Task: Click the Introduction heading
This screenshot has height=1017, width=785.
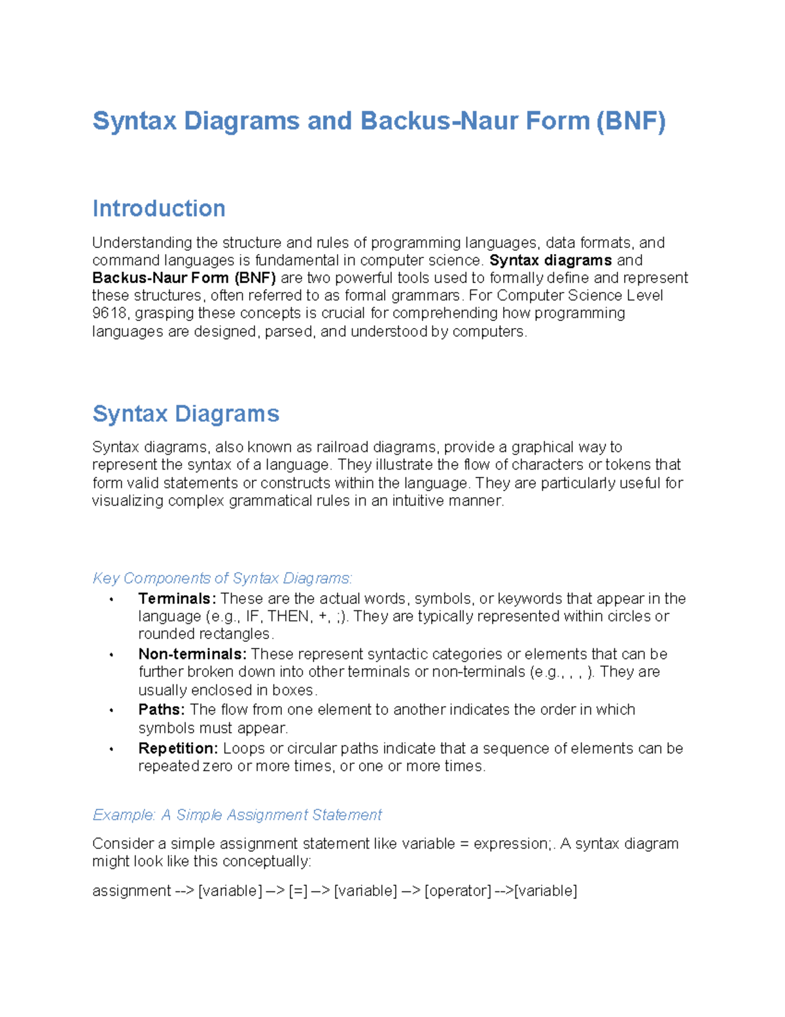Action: click(159, 208)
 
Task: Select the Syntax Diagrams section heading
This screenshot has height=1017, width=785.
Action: click(186, 414)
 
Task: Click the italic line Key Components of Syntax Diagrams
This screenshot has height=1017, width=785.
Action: click(222, 578)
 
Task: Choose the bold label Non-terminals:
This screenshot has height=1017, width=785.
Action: click(192, 654)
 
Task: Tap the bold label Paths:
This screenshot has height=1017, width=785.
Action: click(162, 710)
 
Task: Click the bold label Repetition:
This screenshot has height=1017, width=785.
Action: click(178, 749)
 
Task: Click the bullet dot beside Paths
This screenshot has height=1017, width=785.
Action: click(112, 711)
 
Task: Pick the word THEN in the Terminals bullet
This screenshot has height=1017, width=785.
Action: click(288, 616)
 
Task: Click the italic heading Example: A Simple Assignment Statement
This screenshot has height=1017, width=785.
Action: click(237, 815)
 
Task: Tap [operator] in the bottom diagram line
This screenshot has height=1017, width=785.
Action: click(458, 891)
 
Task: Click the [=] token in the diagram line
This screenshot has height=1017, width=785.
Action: click(298, 891)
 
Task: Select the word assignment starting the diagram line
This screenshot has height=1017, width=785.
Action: click(131, 891)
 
